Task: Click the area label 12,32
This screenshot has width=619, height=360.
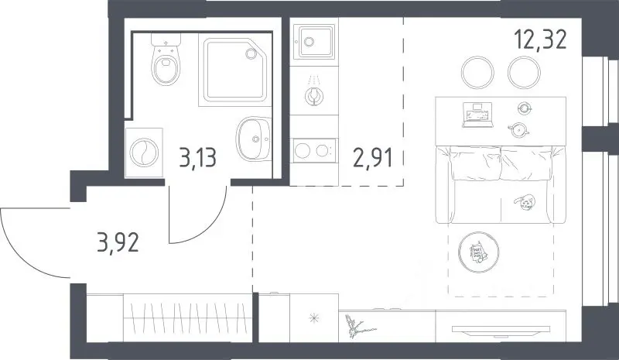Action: [540, 40]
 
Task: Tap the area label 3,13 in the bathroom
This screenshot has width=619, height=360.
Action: [197, 157]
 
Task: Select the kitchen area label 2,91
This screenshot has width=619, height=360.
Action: [373, 158]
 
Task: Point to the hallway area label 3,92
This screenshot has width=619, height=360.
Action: [118, 242]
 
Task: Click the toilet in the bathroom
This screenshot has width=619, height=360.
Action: [166, 60]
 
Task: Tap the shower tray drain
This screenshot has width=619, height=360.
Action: [251, 53]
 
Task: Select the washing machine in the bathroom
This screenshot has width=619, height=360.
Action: [144, 153]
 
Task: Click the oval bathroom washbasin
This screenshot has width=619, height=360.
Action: [254, 139]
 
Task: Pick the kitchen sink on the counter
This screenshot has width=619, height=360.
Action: [314, 42]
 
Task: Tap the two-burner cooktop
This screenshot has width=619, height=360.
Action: [314, 150]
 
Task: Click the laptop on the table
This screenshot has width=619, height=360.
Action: [478, 115]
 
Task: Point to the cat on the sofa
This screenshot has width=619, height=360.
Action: [525, 202]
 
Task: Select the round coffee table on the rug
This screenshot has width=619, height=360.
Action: [479, 252]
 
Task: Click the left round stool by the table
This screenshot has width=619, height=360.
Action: [477, 73]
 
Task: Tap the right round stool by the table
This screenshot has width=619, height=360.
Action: [524, 73]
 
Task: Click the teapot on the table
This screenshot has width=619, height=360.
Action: [518, 129]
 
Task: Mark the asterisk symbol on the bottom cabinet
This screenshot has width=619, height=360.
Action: [314, 317]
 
